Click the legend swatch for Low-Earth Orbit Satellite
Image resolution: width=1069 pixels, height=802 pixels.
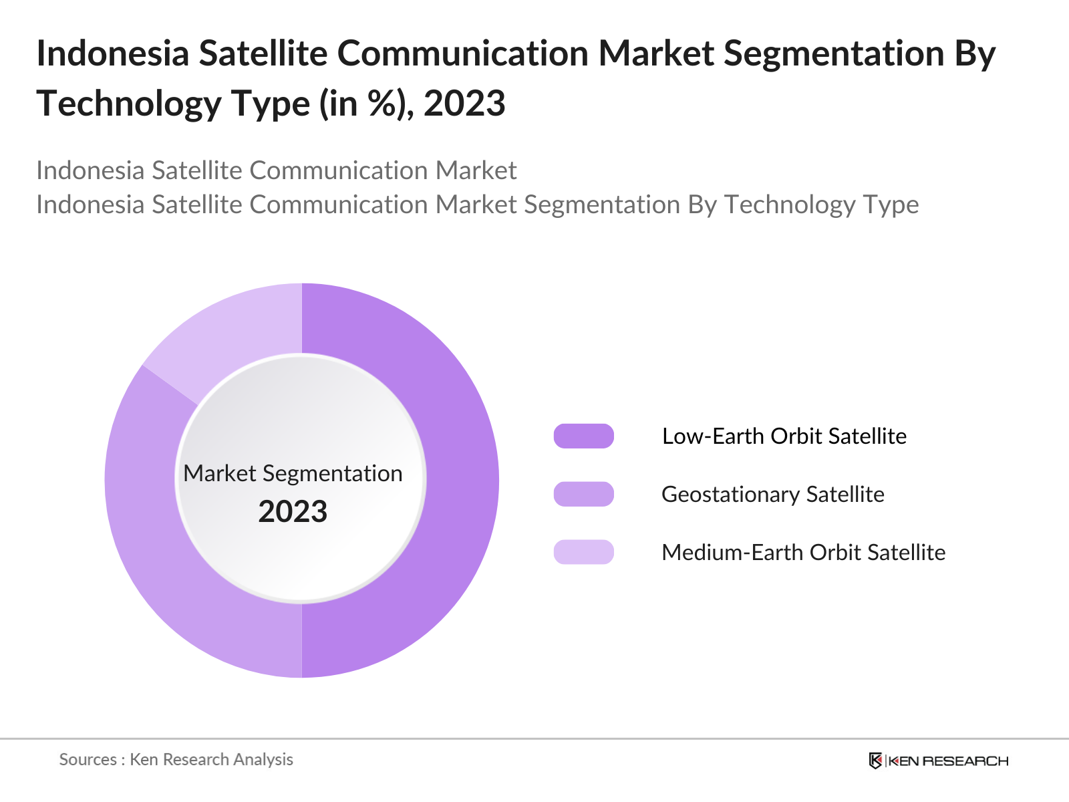[x=583, y=436]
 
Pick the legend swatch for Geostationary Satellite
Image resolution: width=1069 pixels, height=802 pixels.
[x=583, y=494]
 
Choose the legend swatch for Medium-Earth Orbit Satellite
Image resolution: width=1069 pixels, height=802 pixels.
[x=583, y=552]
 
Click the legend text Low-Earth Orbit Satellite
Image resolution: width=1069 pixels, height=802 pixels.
[x=784, y=436]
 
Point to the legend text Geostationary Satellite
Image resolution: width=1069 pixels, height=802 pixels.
[x=772, y=494]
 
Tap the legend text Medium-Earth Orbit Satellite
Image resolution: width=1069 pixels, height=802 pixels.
[x=803, y=552]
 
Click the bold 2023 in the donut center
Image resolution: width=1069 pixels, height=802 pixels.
[x=293, y=511]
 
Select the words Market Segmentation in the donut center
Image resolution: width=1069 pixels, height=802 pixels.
[x=293, y=473]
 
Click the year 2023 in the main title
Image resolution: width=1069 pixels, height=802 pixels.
[x=464, y=104]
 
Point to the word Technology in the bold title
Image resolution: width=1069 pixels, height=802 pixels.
[x=128, y=104]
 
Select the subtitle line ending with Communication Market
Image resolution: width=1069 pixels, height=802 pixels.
[x=276, y=170]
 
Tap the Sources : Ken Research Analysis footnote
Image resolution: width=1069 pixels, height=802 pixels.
[x=176, y=759]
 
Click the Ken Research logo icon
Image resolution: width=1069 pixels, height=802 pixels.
[x=875, y=761]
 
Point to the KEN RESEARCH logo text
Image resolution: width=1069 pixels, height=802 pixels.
[x=948, y=761]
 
